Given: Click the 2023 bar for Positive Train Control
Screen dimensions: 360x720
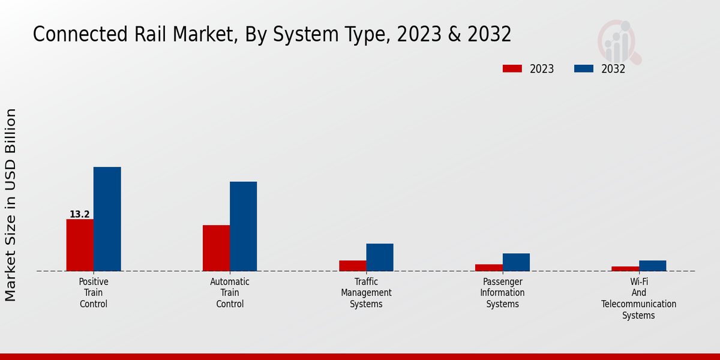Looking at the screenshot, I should click(x=80, y=245).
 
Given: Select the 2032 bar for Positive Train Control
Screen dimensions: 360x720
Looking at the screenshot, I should click(x=107, y=219).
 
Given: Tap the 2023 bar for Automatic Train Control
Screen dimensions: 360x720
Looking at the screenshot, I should click(x=216, y=248).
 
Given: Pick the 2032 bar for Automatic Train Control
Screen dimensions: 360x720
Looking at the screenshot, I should click(x=243, y=226).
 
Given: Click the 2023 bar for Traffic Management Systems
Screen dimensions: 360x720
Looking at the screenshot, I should click(x=352, y=266).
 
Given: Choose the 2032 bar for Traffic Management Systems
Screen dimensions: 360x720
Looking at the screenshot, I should click(x=380, y=257).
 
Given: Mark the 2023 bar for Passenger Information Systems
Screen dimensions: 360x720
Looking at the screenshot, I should click(x=489, y=268).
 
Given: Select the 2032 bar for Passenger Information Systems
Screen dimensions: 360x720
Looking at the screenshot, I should click(x=516, y=262).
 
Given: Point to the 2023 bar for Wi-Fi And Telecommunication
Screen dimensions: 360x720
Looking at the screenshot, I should click(x=625, y=269).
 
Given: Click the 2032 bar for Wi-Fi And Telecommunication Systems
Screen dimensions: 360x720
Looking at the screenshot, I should click(x=652, y=266).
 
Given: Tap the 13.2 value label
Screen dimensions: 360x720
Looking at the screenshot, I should click(x=80, y=214).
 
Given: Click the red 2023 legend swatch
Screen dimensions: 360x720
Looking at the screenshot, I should click(x=512, y=69).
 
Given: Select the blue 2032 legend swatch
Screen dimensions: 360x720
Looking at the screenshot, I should click(x=583, y=69).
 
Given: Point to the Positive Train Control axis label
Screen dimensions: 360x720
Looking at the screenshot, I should click(x=94, y=293).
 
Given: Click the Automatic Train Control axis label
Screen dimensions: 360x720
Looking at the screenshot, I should click(x=230, y=293).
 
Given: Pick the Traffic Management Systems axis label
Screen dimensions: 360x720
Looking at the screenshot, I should click(x=366, y=293).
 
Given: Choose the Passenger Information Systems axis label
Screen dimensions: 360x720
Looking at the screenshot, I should click(x=502, y=293).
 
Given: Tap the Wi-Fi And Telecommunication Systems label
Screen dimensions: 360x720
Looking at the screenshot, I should click(x=638, y=298).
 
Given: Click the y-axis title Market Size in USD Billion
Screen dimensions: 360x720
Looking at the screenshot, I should click(x=11, y=205).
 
